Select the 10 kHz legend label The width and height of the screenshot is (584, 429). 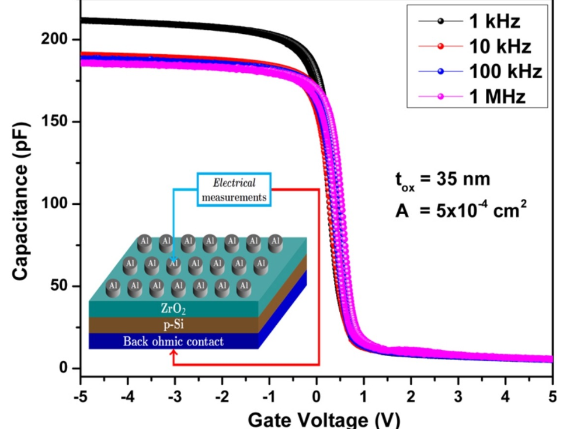pyautogui.click(x=500, y=47)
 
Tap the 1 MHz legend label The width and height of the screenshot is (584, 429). pyautogui.click(x=497, y=97)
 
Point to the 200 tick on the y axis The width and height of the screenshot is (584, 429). pyautogui.click(x=54, y=39)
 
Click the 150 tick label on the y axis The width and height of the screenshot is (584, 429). pyautogui.click(x=54, y=121)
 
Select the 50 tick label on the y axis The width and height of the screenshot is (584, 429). pyautogui.click(x=59, y=285)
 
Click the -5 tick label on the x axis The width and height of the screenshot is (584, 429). pyautogui.click(x=81, y=396)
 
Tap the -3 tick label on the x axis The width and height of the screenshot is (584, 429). pyautogui.click(x=175, y=396)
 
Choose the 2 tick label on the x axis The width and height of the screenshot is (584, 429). pyautogui.click(x=411, y=396)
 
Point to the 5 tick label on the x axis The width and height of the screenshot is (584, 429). pyautogui.click(x=552, y=396)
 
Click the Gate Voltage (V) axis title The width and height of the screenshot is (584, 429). pyautogui.click(x=324, y=420)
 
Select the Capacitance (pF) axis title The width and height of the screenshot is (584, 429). pyautogui.click(x=20, y=201)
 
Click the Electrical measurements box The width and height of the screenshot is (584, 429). pyautogui.click(x=234, y=190)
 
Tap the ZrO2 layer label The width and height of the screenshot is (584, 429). pyautogui.click(x=173, y=309)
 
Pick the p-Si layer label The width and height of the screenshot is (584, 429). pyautogui.click(x=173, y=325)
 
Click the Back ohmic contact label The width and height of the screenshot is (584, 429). pyautogui.click(x=173, y=341)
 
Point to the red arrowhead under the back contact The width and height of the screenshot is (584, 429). pyautogui.click(x=173, y=353)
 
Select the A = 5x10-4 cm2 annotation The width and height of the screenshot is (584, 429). pyautogui.click(x=461, y=210)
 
